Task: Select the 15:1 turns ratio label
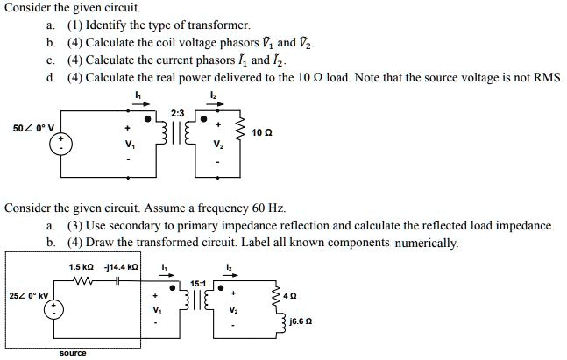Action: [199, 283]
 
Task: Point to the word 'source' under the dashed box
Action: [72, 353]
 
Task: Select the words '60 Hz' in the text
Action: [267, 208]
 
